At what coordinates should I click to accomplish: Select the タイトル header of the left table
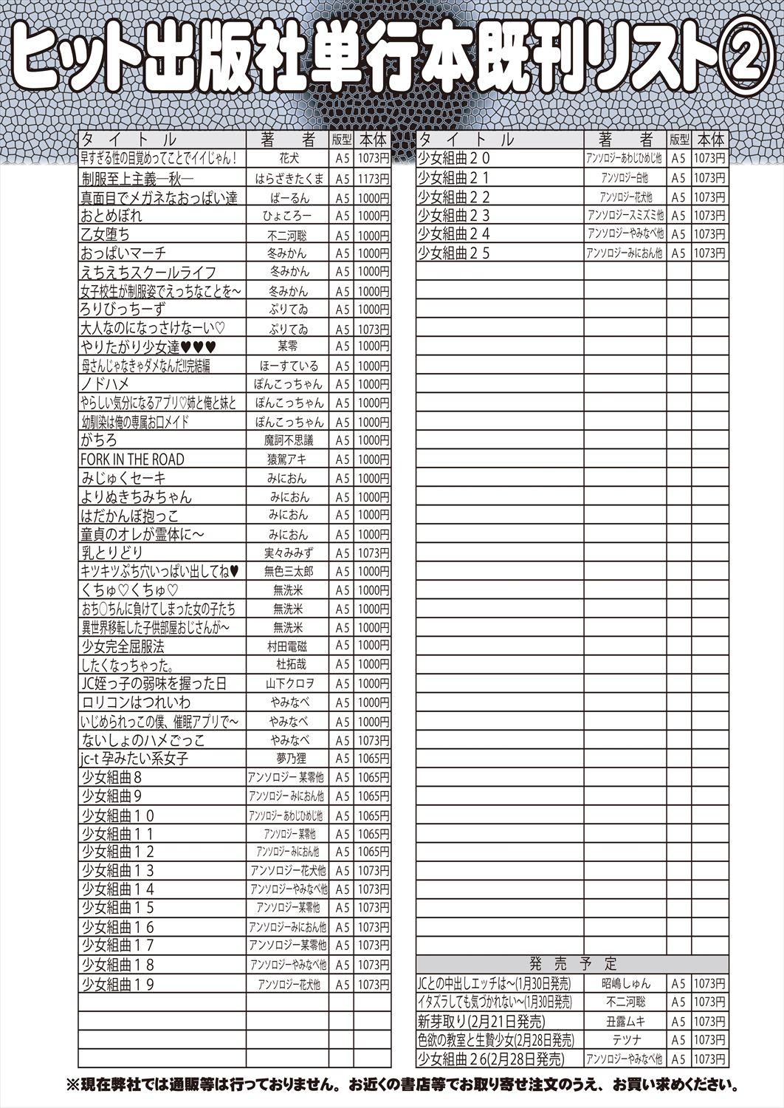click(129, 140)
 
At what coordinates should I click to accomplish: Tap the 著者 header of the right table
click(625, 140)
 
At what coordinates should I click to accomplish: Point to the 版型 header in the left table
click(342, 140)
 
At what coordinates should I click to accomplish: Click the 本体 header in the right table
click(710, 140)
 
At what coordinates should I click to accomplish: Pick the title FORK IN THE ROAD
click(132, 459)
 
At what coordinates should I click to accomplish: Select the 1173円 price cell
click(373, 179)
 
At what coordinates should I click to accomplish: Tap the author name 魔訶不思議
click(289, 440)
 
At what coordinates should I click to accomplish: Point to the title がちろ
click(99, 440)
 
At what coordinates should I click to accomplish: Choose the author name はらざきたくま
click(289, 179)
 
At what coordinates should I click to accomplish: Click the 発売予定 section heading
click(573, 964)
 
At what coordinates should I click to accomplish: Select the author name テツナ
click(625, 1040)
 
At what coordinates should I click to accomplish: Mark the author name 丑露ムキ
click(625, 1022)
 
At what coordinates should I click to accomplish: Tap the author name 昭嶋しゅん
click(625, 983)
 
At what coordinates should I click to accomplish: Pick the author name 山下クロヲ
click(289, 683)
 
